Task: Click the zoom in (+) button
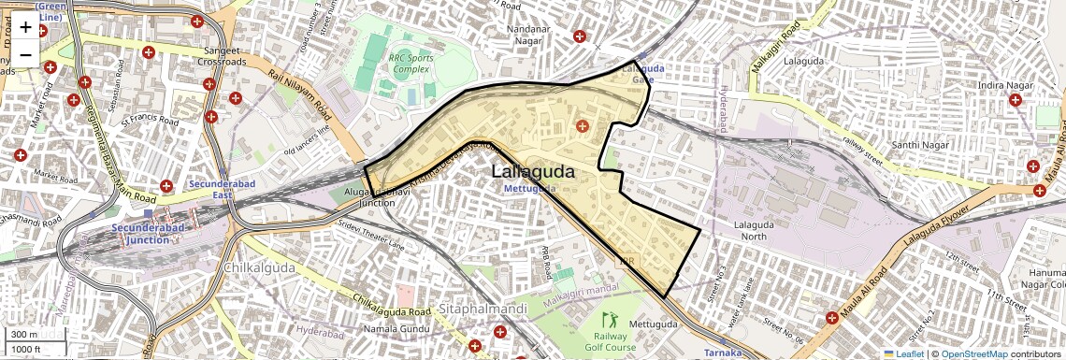[25, 27]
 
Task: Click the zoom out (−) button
[25, 55]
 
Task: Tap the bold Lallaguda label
[533, 172]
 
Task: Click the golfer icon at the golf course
[610, 319]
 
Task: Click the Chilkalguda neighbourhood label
[259, 267]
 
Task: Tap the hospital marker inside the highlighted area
[583, 125]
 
